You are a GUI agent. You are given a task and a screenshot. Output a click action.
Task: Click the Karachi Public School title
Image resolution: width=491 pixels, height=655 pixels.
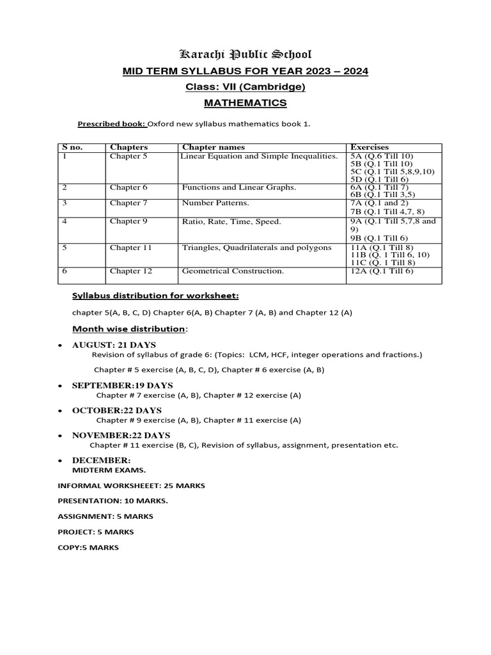[x=245, y=54]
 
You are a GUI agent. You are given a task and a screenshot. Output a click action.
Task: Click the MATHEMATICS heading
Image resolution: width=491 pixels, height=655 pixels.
[x=245, y=103]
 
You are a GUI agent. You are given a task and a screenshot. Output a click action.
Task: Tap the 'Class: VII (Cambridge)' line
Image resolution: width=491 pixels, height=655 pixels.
[x=245, y=87]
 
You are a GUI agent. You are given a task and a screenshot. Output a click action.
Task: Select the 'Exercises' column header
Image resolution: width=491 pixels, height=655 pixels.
[x=370, y=147]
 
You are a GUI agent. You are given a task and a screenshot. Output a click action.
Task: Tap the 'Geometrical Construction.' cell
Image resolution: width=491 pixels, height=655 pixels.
[x=233, y=271]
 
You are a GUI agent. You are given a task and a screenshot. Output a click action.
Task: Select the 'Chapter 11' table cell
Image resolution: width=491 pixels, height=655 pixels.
[x=130, y=247]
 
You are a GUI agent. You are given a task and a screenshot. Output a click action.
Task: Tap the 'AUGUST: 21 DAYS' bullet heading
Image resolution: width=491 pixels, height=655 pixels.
[x=114, y=345]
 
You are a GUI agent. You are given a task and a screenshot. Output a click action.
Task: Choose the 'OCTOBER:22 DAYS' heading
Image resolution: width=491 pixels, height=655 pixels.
[x=116, y=410]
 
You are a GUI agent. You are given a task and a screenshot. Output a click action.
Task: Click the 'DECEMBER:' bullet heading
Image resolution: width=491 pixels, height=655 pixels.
[x=101, y=461]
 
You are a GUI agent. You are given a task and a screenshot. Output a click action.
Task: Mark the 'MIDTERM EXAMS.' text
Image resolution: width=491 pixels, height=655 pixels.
[x=104, y=470]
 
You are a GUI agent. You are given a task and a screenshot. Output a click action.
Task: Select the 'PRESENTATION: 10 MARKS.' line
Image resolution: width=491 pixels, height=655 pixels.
[x=113, y=501]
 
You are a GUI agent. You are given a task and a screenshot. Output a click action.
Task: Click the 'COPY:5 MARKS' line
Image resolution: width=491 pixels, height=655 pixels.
[x=88, y=548]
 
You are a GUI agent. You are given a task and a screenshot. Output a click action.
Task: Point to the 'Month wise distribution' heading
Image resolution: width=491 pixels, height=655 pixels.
[x=128, y=329]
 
